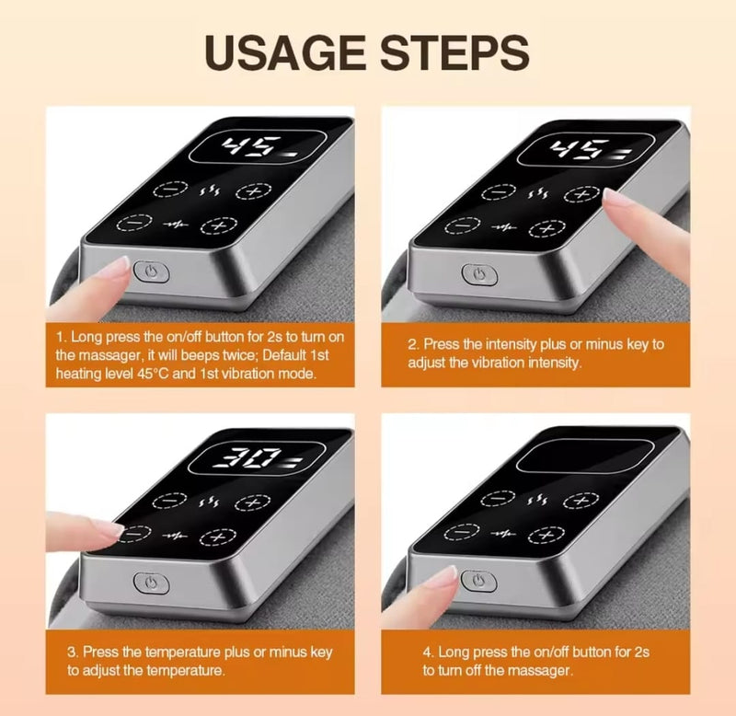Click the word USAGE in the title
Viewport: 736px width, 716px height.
[x=285, y=52]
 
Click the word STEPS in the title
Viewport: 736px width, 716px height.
[x=454, y=52]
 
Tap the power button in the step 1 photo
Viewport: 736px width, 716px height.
[x=151, y=272]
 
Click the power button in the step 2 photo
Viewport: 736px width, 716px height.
[x=479, y=274]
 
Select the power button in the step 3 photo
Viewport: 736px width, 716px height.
[x=151, y=583]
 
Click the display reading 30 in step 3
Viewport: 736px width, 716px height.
[x=257, y=457]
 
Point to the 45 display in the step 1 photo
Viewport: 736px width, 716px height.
[x=258, y=147]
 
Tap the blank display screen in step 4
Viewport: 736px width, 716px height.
[x=585, y=456]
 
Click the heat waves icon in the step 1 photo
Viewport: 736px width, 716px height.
[x=210, y=191]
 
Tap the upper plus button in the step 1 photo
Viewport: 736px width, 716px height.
[x=254, y=191]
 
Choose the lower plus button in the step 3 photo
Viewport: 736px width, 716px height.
[x=218, y=537]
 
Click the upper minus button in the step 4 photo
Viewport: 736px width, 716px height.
[x=499, y=499]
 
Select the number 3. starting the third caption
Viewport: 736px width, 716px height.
[x=73, y=652]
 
